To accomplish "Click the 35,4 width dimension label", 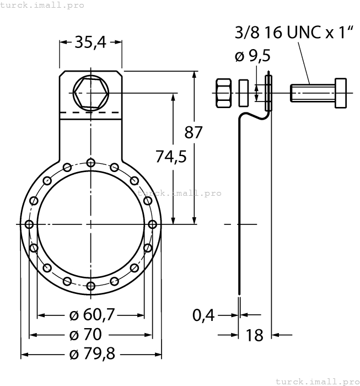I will click(90, 42).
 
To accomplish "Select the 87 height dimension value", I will click(194, 132).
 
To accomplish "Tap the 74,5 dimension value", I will click(170, 157).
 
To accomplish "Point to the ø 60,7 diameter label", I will click(92, 315).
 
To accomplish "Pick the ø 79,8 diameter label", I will click(92, 354).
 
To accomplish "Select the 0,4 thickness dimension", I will click(204, 315).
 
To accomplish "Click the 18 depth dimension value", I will click(254, 335).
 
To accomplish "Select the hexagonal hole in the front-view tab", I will click(90, 93).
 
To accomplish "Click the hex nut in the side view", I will click(224, 93).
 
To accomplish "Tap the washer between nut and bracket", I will click(244, 93).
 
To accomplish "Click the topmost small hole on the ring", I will click(90, 162).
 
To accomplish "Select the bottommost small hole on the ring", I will click(90, 286).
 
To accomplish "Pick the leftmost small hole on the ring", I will click(29, 224).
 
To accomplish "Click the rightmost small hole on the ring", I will click(152, 224).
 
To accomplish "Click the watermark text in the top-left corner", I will click(42, 5).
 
